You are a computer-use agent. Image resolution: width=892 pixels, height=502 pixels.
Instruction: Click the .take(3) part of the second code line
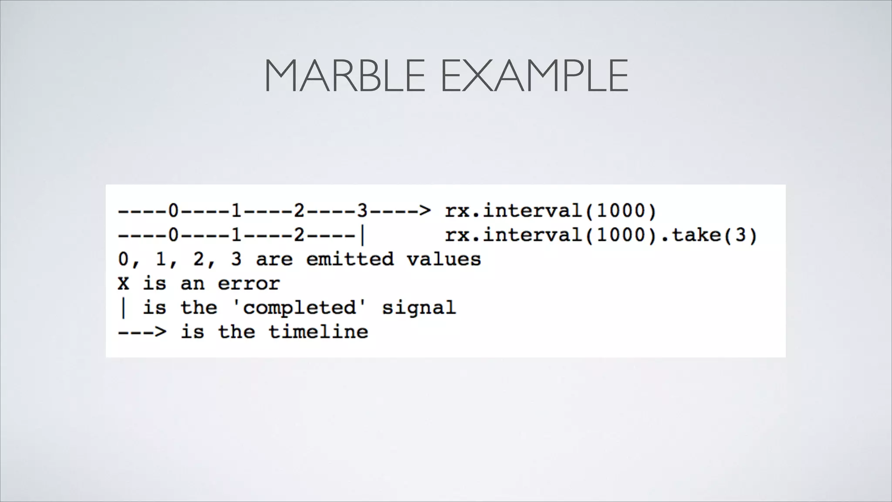click(x=709, y=235)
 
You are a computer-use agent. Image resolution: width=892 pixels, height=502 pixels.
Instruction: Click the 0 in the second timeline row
click(x=173, y=235)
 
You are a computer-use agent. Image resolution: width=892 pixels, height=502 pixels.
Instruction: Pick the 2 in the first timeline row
click(x=299, y=211)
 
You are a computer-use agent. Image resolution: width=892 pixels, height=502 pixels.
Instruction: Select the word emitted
click(x=350, y=259)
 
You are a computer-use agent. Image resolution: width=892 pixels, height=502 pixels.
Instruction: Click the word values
click(x=444, y=259)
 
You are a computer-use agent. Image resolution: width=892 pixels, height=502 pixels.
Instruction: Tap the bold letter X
click(x=123, y=284)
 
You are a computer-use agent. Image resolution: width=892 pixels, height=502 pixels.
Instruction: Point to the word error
click(x=249, y=284)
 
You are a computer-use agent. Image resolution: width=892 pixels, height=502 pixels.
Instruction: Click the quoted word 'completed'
click(x=299, y=308)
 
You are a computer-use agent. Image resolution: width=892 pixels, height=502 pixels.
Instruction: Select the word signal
click(x=419, y=308)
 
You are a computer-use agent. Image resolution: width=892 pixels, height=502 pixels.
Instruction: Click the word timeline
click(x=318, y=332)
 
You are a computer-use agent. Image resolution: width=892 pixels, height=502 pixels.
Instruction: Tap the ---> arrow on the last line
click(x=142, y=332)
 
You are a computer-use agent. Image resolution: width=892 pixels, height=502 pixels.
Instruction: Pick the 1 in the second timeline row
click(x=236, y=235)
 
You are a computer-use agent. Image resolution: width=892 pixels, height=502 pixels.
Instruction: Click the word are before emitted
click(x=274, y=259)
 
